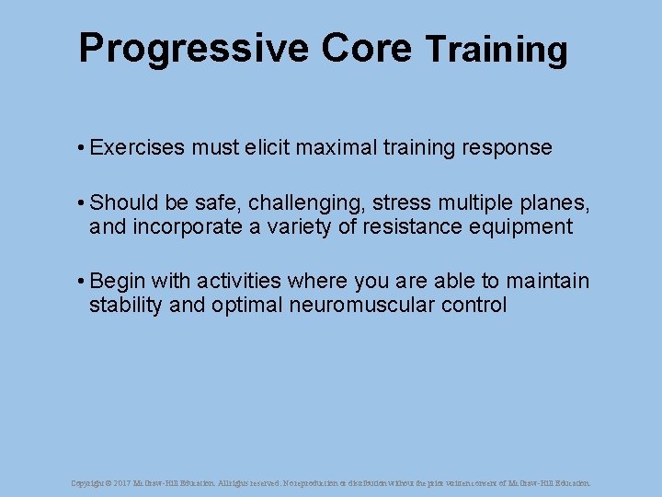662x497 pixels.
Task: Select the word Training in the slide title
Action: [496, 50]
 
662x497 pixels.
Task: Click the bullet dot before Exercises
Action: [82, 148]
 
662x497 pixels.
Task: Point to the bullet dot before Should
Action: [82, 202]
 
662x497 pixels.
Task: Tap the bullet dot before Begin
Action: [82, 281]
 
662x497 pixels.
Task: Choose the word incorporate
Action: [188, 226]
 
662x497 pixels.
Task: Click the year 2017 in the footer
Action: [120, 482]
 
